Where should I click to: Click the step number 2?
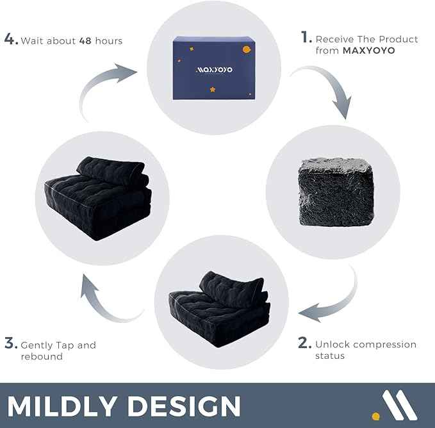click(304, 343)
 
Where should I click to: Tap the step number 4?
click(10, 39)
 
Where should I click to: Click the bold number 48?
click(85, 40)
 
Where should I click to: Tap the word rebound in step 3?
click(42, 356)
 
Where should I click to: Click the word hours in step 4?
click(108, 40)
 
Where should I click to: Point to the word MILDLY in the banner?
click(63, 406)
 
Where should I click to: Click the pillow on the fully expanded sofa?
click(112, 170)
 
